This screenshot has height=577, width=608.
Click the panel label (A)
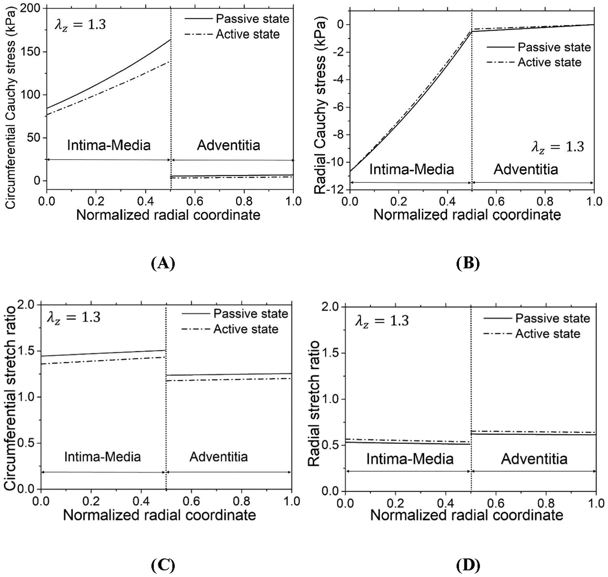pos(163,264)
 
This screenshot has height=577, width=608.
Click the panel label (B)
pos(468,264)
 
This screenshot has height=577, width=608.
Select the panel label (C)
pos(163,565)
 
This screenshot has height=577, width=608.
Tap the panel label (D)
pos(468,565)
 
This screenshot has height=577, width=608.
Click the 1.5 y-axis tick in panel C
pos(29,351)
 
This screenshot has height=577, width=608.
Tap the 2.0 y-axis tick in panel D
pos(332,307)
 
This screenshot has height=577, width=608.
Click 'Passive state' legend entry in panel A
pos(252,18)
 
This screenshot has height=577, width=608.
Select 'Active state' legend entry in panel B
pos(549,62)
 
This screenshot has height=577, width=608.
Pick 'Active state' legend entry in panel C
pos(246,329)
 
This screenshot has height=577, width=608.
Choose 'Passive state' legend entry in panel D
pos(552,318)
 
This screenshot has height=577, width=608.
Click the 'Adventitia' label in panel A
pos(228,145)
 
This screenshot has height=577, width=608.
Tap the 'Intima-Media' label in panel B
pos(411,169)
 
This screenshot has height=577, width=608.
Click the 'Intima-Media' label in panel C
pos(102,457)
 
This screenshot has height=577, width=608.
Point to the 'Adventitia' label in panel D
pos(534,459)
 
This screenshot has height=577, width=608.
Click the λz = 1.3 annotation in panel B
pos(557,147)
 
